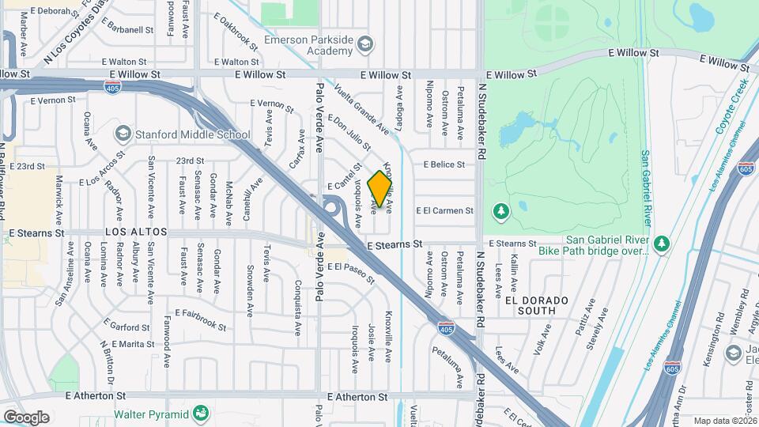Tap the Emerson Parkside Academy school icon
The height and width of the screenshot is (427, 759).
364,44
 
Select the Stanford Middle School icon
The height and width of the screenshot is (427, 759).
123,134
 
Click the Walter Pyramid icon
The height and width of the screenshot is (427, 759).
202,414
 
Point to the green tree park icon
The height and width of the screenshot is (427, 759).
500,211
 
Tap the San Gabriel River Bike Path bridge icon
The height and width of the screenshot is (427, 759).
662,243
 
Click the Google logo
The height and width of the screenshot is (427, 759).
27,417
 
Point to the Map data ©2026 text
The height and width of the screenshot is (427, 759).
723,421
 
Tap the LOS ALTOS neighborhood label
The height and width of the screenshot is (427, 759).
136,232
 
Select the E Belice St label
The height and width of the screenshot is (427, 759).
444,164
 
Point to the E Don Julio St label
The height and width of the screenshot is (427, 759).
349,131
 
